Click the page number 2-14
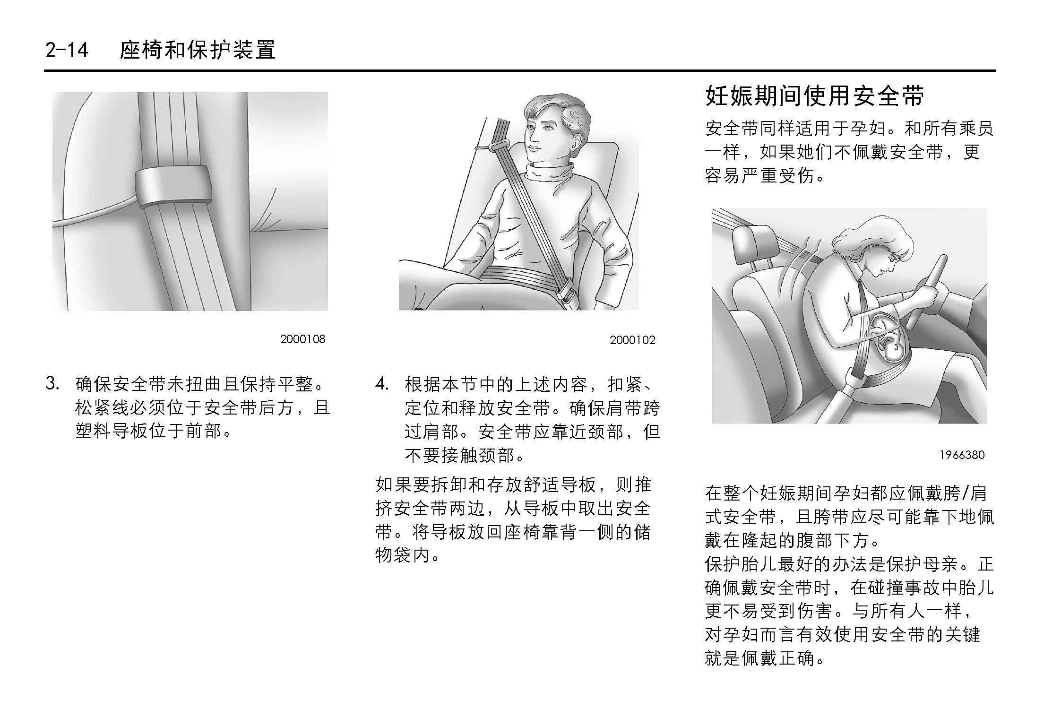point(67,50)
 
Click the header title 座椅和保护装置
point(198,50)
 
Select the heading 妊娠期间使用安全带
point(815,96)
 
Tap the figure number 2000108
point(302,339)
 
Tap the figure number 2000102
point(632,340)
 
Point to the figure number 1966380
point(962,455)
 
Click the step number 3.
point(52,383)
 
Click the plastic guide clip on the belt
point(173,186)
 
